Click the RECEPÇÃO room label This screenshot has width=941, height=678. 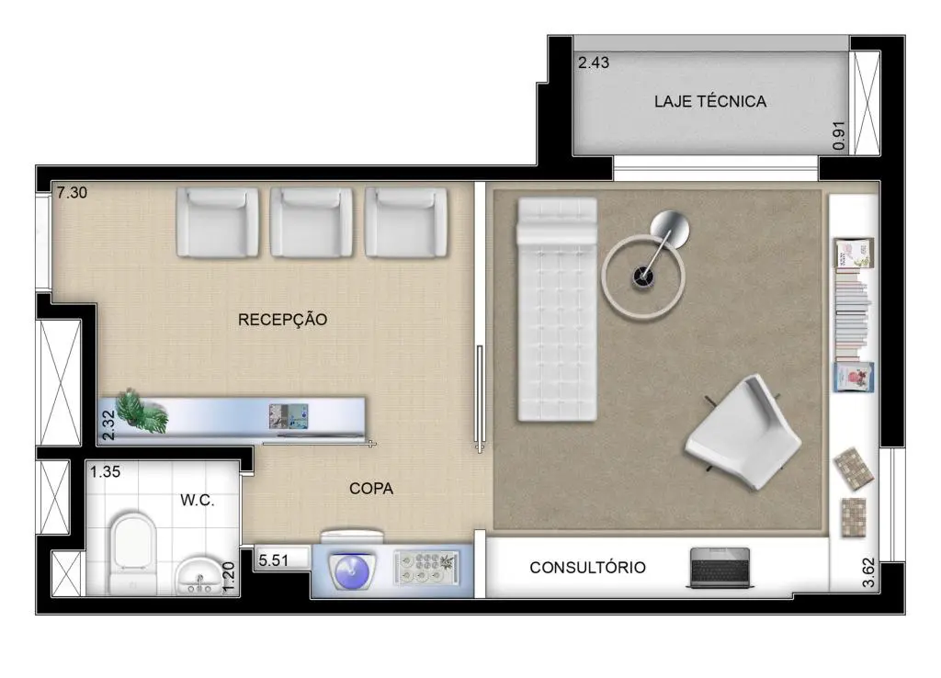pyautogui.click(x=283, y=319)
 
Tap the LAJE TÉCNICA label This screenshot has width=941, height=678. pyautogui.click(x=710, y=101)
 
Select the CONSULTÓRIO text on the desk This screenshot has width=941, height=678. pyautogui.click(x=587, y=567)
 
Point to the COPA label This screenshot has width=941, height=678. pyautogui.click(x=371, y=489)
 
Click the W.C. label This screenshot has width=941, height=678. pyautogui.click(x=198, y=500)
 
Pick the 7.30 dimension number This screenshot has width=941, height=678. pyautogui.click(x=72, y=193)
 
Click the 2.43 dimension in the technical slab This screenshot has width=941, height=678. pyautogui.click(x=594, y=62)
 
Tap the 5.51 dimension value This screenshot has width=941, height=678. pyautogui.click(x=274, y=560)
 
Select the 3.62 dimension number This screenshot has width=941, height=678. pyautogui.click(x=867, y=573)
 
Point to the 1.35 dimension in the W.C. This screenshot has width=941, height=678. pyautogui.click(x=105, y=472)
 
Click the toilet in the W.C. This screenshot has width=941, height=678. pyautogui.click(x=133, y=551)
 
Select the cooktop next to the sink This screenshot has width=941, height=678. pyautogui.click(x=426, y=568)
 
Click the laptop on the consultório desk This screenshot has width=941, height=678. pyautogui.click(x=720, y=567)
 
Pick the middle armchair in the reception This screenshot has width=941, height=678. pyautogui.click(x=311, y=222)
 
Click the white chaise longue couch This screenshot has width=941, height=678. pyautogui.click(x=557, y=309)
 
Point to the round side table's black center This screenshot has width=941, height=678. pyautogui.click(x=642, y=277)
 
